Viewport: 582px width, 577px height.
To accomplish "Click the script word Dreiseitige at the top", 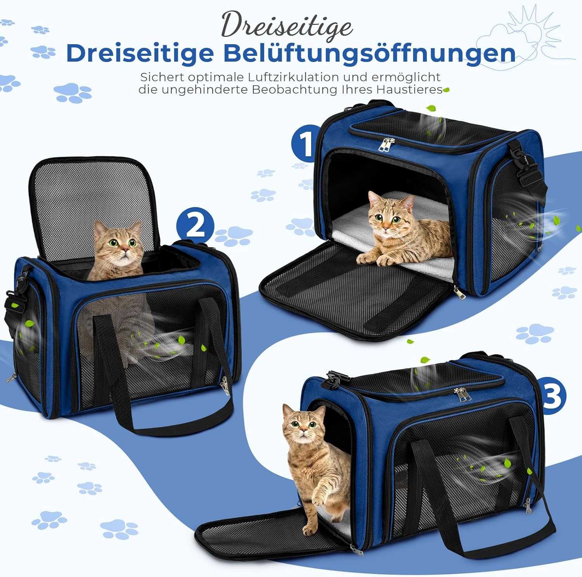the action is click(287, 25).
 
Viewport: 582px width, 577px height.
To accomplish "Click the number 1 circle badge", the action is click(306, 143).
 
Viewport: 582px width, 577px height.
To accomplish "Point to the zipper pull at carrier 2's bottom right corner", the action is click(225, 385).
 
